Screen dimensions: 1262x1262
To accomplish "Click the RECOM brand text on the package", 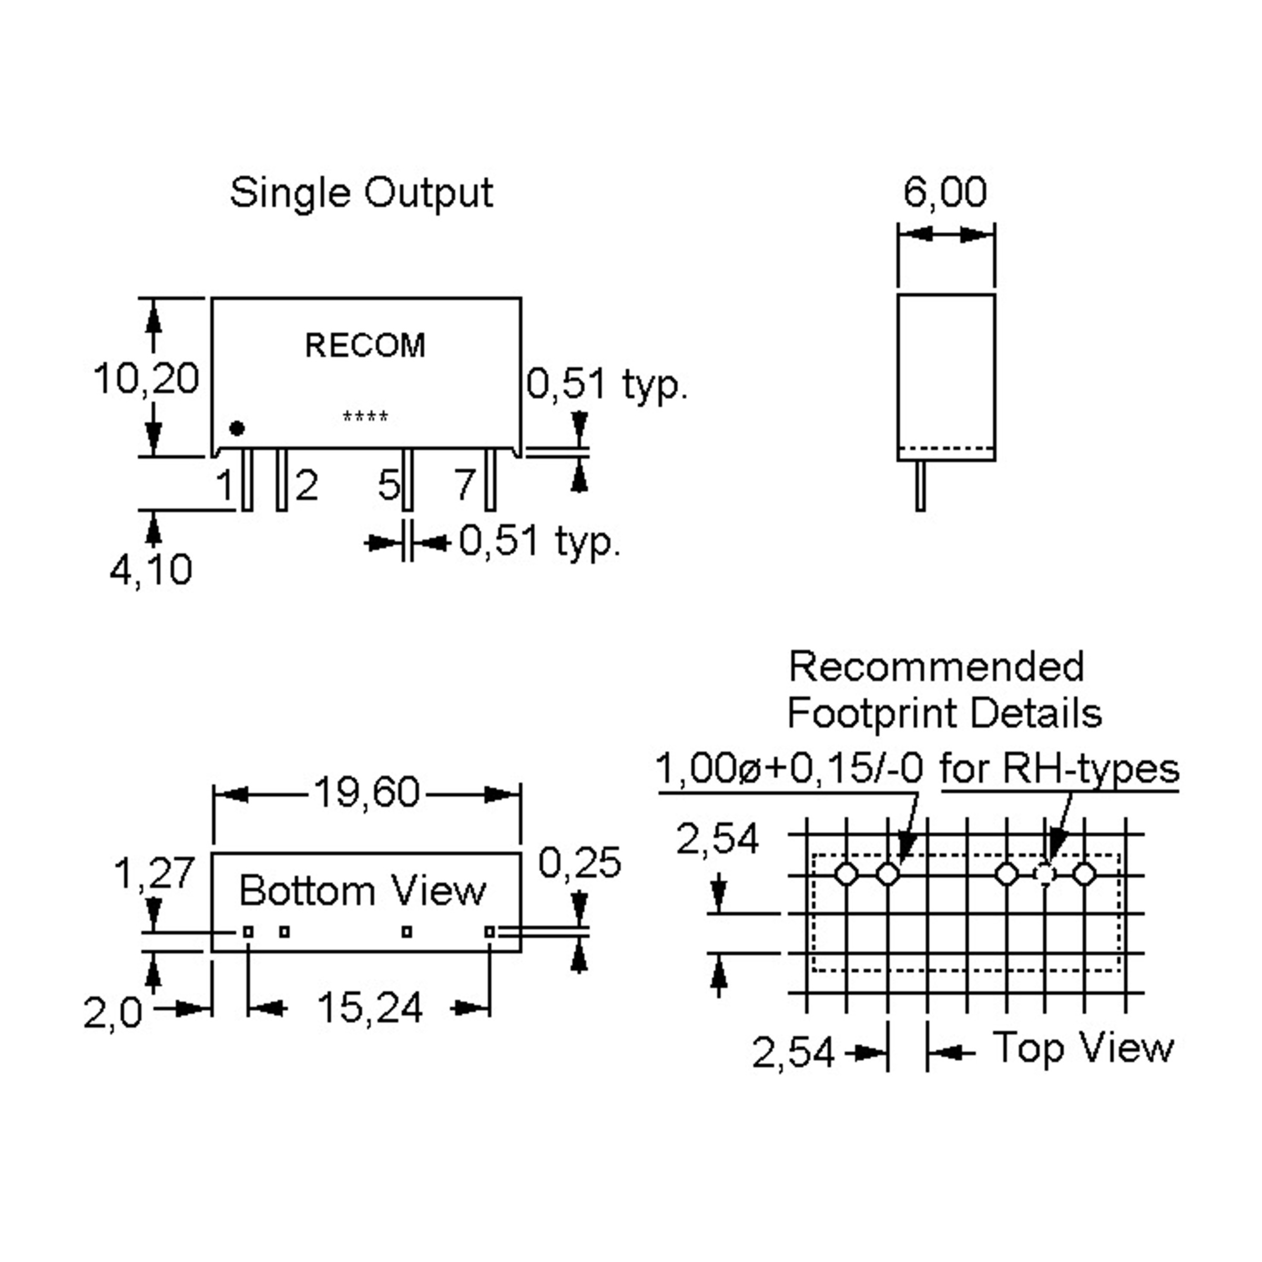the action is (x=365, y=345).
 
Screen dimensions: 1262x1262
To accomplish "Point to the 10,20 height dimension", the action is (x=146, y=378).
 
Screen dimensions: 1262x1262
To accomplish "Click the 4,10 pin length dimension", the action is (x=151, y=569).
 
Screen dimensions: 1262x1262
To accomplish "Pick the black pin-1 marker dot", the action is (x=237, y=429).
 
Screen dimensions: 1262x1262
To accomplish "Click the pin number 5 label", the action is (x=389, y=485).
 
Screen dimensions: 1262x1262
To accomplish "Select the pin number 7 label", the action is (x=464, y=485).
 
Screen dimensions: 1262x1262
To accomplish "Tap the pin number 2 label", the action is (x=307, y=485).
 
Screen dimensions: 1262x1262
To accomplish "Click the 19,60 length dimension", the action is (x=367, y=792).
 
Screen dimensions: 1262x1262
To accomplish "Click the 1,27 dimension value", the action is (x=154, y=873).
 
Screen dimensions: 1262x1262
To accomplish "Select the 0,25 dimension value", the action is (x=579, y=863).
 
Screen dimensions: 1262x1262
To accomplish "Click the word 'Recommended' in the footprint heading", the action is (x=936, y=666).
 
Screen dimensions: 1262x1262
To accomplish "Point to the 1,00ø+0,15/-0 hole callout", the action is (x=788, y=768).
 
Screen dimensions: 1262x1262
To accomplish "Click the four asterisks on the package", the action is (x=365, y=415).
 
